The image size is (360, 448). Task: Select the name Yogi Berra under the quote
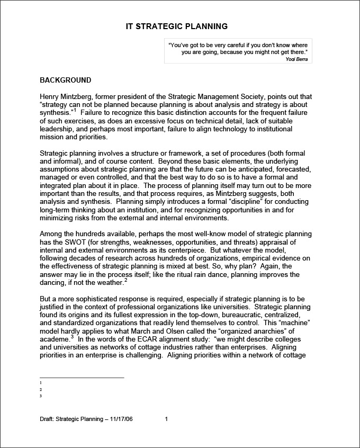tap(295, 59)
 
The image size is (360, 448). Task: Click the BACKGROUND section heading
tap(66, 80)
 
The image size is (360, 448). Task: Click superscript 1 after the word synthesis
tap(75, 111)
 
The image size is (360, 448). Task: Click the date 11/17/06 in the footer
tap(121, 419)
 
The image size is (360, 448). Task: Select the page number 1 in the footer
tap(166, 419)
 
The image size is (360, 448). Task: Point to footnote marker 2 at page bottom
tap(41, 389)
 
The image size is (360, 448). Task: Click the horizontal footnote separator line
tap(82, 378)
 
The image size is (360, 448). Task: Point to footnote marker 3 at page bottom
tap(41, 396)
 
